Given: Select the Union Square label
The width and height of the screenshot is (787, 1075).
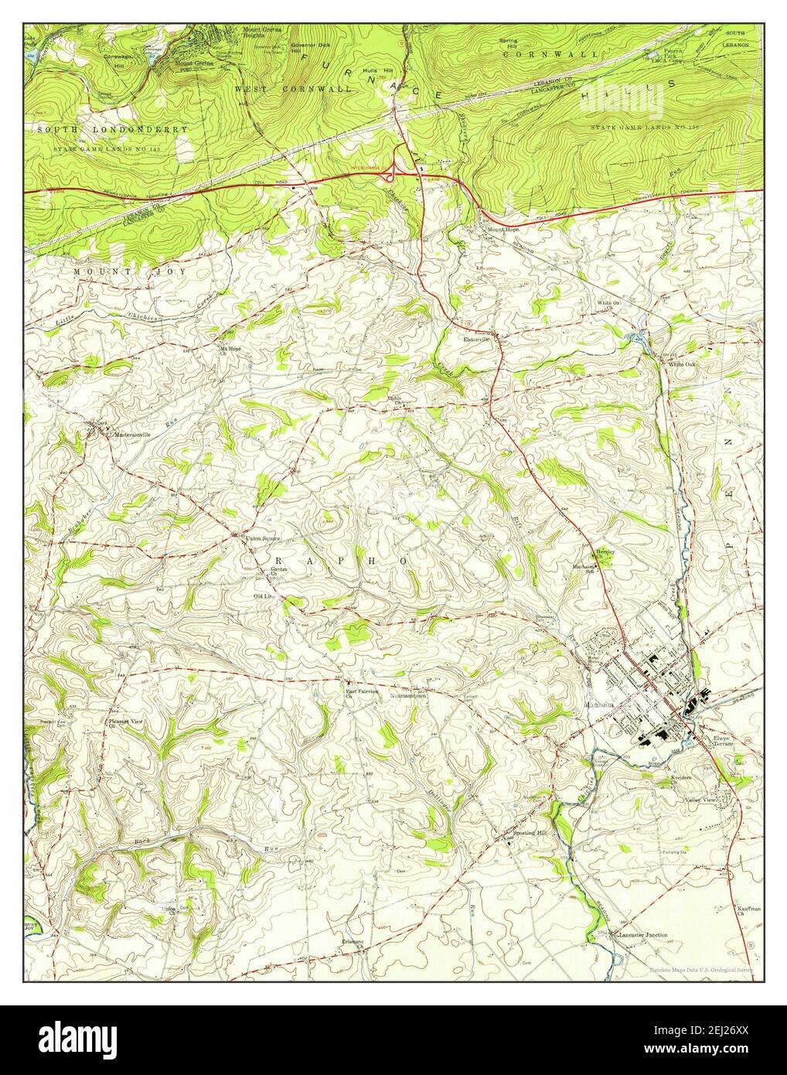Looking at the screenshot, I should pos(263,536).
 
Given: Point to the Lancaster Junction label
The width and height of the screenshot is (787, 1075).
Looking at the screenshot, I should pos(642,935).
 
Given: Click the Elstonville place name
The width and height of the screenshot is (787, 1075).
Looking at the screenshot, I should pos(478,340).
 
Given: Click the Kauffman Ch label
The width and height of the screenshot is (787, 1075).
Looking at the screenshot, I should pos(741,911).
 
